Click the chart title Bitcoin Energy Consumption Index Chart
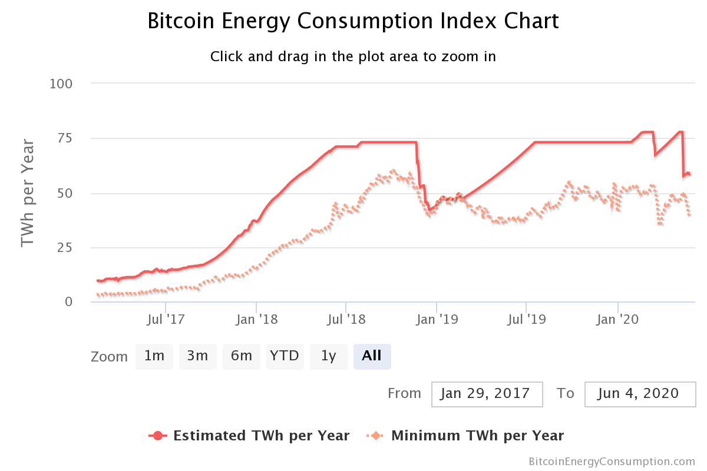353,21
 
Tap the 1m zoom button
154,356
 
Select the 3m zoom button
198,356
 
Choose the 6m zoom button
242,356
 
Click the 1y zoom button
329,356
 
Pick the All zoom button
372,356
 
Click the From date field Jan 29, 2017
487,393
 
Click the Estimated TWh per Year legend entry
250,436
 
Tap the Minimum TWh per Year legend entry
465,436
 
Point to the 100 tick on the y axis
61,84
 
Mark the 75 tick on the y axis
65,138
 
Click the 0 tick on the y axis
68,302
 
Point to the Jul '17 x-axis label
166,320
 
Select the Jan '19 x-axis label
436,320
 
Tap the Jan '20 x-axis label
617,320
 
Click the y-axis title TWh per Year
28,193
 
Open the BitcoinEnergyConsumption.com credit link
612,461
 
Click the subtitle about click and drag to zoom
353,57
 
